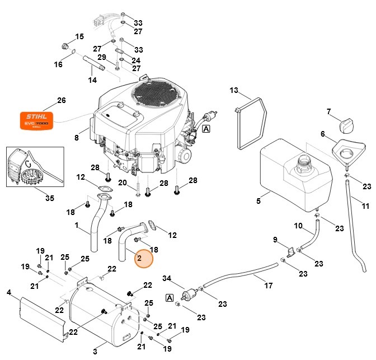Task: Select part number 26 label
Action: coord(62,101)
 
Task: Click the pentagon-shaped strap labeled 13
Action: coord(248,124)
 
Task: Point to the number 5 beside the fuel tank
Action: coord(258,200)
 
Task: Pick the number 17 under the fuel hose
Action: coord(269,286)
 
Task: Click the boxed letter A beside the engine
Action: coord(206,129)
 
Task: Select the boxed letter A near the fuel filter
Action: coord(169,298)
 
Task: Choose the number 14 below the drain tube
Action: coord(92,81)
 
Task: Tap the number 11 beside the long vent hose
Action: coord(365,206)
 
